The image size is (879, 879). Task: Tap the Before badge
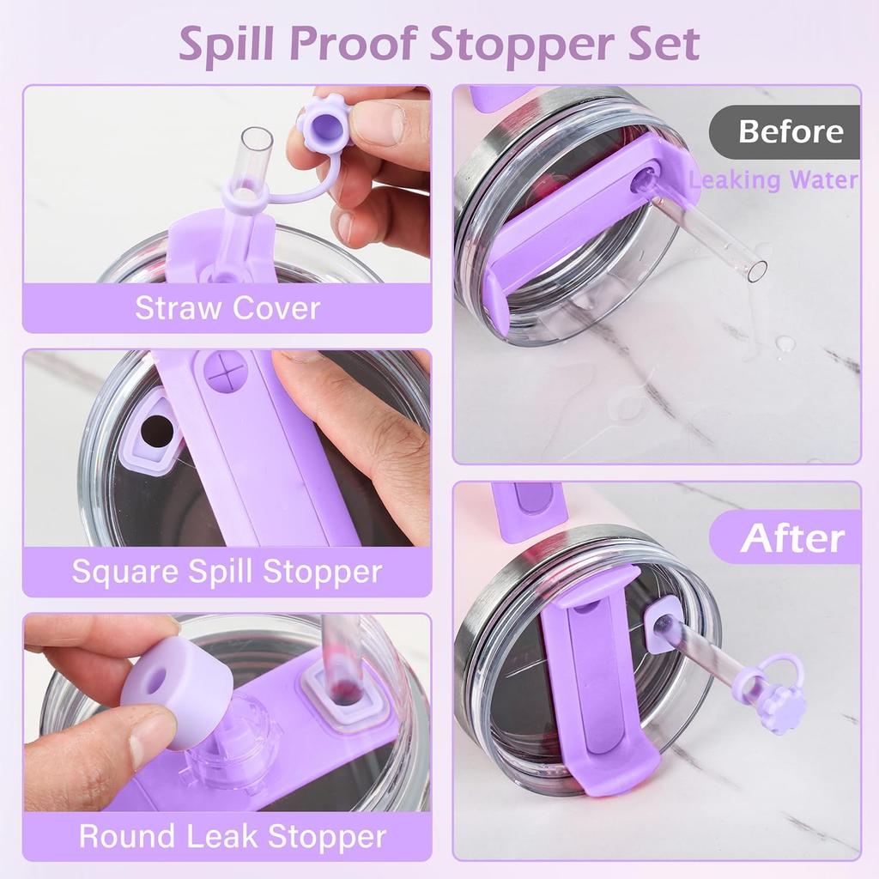(x=790, y=132)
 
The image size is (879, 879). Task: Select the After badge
(x=791, y=538)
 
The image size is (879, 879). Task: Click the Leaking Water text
(x=773, y=179)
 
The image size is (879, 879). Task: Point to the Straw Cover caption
(x=227, y=308)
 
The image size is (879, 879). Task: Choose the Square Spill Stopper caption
(x=227, y=571)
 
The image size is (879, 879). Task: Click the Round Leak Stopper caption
(x=232, y=835)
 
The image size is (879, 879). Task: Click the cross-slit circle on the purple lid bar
(x=225, y=371)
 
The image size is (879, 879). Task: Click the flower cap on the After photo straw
(x=784, y=709)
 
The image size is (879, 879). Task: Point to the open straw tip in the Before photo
(x=756, y=270)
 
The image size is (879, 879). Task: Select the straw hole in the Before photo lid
(x=640, y=179)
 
